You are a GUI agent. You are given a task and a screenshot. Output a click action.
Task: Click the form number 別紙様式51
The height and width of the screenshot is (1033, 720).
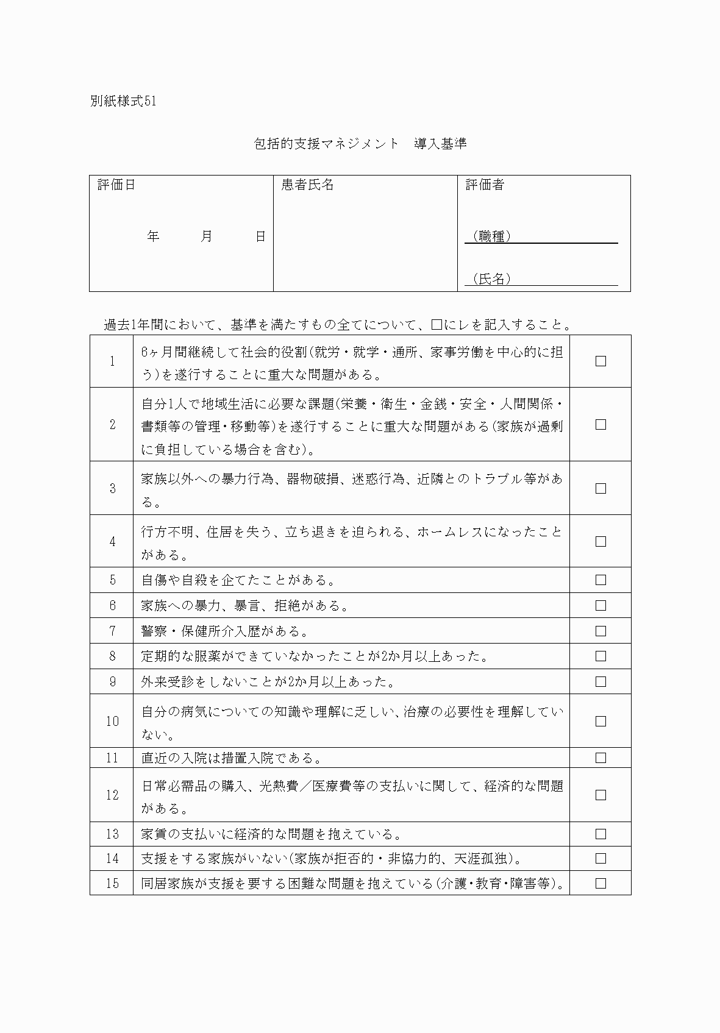tap(123, 101)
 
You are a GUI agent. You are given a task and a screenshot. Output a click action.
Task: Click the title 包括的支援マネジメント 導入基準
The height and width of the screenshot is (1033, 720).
tap(360, 144)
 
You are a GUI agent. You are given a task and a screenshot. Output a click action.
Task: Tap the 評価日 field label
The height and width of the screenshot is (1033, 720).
tap(116, 185)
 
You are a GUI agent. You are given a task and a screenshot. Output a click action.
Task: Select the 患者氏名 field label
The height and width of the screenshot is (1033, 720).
tap(307, 185)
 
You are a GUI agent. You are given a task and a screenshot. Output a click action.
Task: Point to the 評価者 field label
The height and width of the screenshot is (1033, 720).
tap(485, 185)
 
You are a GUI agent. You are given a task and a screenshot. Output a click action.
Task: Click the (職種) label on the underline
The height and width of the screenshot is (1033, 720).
tap(491, 236)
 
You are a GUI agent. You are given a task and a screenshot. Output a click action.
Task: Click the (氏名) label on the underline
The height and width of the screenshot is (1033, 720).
tap(491, 279)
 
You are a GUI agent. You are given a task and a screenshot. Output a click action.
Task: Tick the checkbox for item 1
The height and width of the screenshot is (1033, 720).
tap(601, 361)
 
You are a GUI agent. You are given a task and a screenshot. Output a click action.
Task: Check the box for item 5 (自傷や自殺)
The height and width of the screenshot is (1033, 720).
tap(601, 580)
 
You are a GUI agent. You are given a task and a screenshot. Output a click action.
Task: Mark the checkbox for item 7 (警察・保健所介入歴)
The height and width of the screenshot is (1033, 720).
tap(601, 631)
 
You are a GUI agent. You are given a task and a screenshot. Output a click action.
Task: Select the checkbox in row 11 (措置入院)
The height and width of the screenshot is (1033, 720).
tap(601, 758)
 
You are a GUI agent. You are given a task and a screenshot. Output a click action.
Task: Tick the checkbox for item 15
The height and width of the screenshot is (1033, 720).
tap(601, 883)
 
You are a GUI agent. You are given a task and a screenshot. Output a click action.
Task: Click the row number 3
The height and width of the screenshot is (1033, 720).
tap(112, 488)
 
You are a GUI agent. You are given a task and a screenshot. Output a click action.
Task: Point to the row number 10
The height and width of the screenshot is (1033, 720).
tap(112, 722)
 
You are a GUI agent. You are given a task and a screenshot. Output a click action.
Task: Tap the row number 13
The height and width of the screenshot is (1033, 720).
tap(112, 834)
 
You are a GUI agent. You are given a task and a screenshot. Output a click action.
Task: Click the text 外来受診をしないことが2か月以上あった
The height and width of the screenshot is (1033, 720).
tap(269, 681)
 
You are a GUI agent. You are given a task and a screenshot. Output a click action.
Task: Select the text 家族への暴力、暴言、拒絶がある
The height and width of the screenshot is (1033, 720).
tap(245, 606)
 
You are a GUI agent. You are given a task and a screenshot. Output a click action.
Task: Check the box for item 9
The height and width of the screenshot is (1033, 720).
tap(601, 681)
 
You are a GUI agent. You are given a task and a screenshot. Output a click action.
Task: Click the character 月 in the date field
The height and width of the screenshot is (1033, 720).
tap(206, 236)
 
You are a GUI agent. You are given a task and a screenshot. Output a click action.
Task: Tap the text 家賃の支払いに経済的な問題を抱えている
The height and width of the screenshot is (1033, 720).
tap(271, 834)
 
